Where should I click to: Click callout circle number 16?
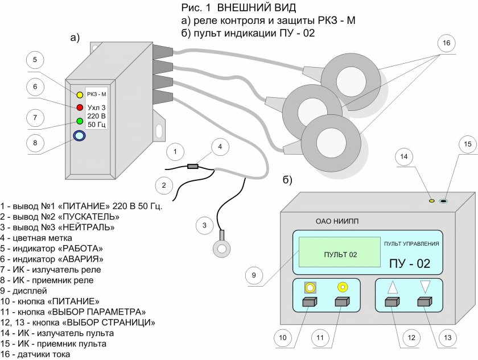(x=446, y=43)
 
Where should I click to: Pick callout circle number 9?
(x=256, y=276)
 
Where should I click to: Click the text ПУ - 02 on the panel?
(x=409, y=264)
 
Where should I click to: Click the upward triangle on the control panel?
(x=393, y=288)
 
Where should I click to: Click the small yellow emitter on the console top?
(x=431, y=201)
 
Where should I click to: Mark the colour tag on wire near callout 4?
(x=193, y=167)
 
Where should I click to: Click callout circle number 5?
(x=35, y=60)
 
